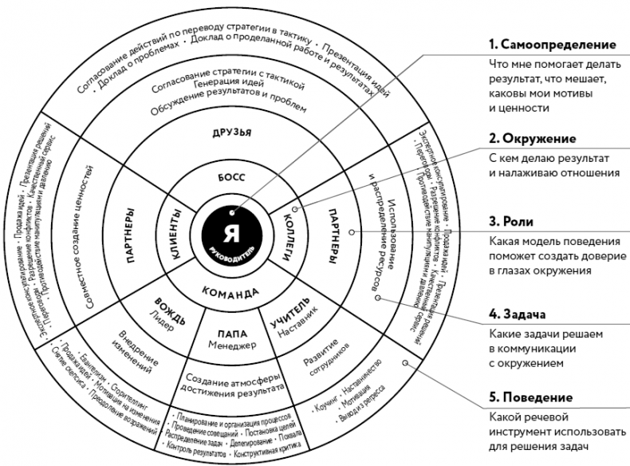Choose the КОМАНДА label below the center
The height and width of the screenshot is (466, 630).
[x=230, y=291]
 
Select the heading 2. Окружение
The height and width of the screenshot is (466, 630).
[x=530, y=136]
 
